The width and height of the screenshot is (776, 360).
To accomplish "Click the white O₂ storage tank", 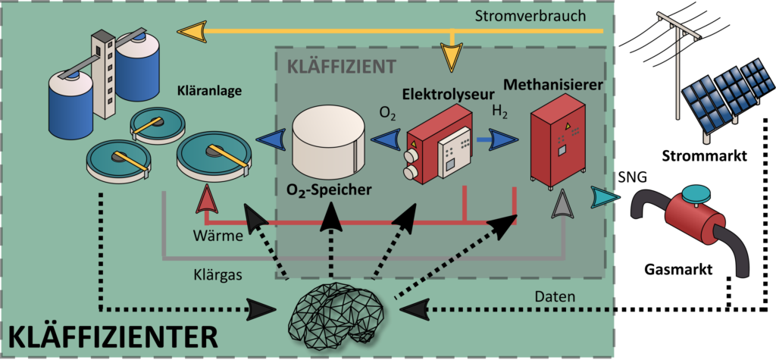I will coord(327,142).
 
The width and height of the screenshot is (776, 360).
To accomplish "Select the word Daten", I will coord(561,296).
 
